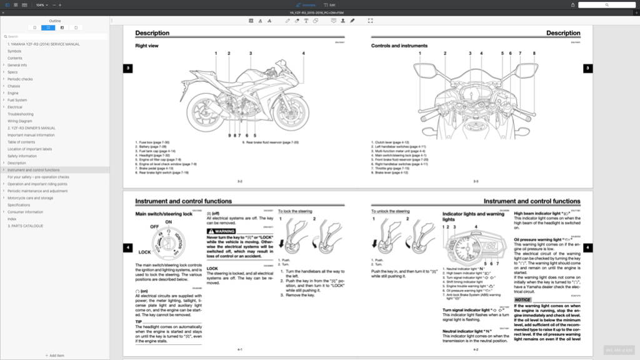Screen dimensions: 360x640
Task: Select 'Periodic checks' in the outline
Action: (20, 79)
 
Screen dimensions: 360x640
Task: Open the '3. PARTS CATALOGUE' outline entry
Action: (25, 226)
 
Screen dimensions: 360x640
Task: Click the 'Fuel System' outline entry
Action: (17, 100)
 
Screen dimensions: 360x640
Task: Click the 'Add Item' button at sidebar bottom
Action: (54, 355)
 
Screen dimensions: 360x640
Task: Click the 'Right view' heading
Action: (146, 46)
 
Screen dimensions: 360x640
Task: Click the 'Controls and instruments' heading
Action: (399, 46)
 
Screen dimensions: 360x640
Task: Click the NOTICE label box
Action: (523, 299)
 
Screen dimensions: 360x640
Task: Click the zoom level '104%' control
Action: (41, 4)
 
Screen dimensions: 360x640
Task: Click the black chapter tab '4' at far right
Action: (587, 247)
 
